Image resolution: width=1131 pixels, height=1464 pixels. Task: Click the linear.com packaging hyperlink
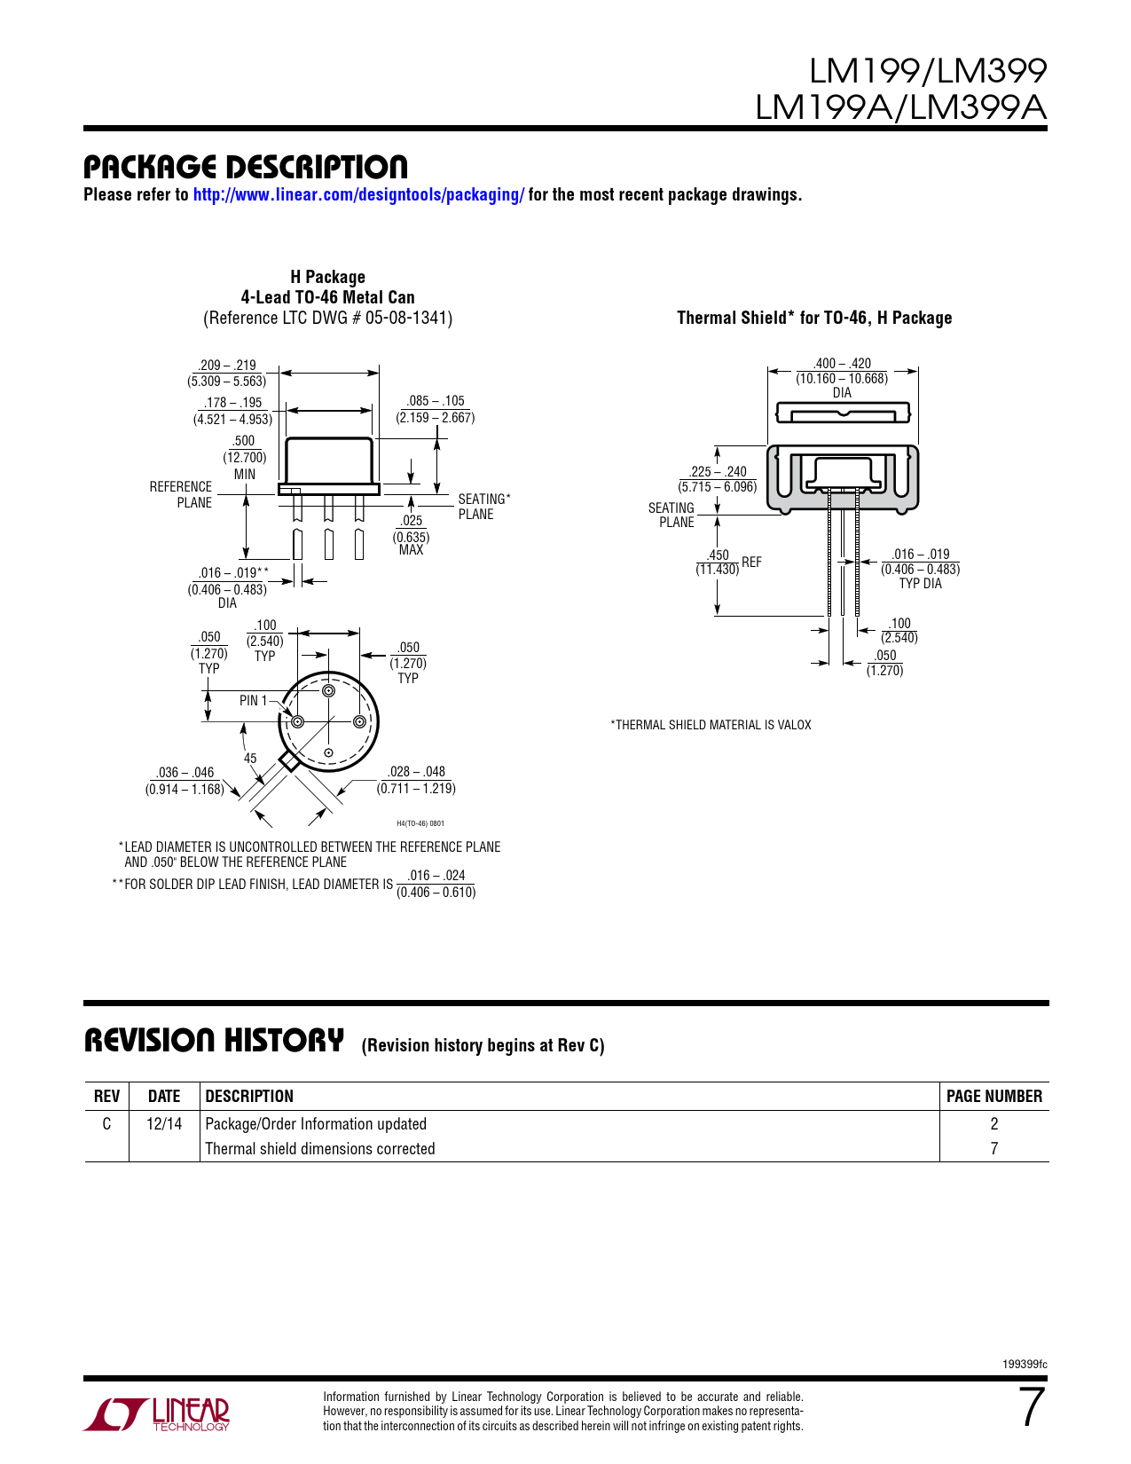[358, 195]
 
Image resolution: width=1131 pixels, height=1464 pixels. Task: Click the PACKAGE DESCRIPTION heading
[246, 167]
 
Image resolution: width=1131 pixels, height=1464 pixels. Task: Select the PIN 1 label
[253, 701]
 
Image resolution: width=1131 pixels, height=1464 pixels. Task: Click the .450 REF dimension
[726, 563]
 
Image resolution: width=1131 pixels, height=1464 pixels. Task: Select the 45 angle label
[250, 759]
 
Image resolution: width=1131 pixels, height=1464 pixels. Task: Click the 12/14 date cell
[164, 1124]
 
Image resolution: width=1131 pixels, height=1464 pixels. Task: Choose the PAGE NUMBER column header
[994, 1097]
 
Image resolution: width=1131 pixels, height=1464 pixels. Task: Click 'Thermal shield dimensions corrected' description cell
[320, 1149]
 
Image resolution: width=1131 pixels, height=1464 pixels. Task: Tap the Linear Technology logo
[157, 1414]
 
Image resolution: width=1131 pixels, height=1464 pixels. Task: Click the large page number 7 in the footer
[1032, 1407]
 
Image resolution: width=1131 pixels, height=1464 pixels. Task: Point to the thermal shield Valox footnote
[711, 726]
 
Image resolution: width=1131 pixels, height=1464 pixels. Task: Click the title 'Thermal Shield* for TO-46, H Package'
[814, 318]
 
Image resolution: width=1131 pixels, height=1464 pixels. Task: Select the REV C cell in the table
[106, 1124]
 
